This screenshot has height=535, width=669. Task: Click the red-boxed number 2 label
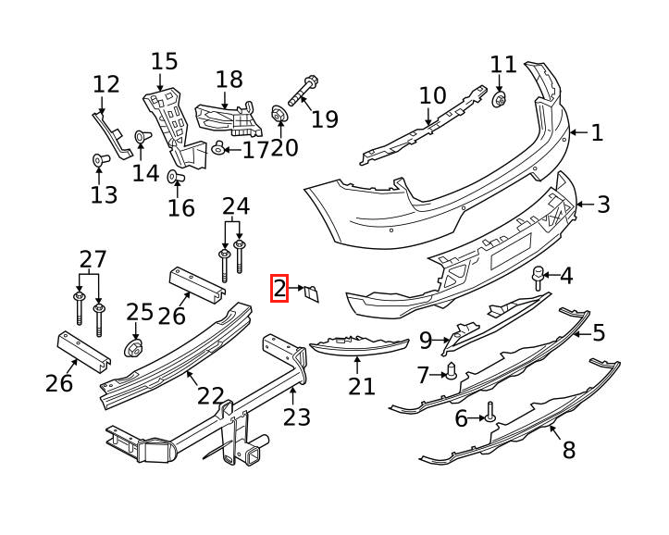(279, 289)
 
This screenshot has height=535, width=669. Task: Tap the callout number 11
(503, 65)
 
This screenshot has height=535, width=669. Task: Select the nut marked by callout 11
(499, 101)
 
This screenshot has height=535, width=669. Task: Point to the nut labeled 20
(279, 114)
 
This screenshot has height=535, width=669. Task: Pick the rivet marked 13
(101, 160)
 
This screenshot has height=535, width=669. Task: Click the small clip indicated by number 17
(219, 148)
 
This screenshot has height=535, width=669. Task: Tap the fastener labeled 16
(176, 176)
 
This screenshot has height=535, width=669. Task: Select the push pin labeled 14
(142, 137)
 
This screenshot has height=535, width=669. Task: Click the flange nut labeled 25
(133, 348)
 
